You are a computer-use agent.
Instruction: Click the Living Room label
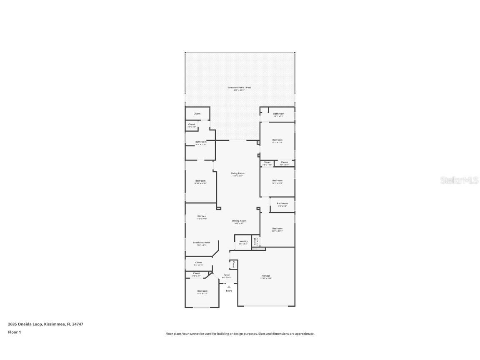(x=238, y=173)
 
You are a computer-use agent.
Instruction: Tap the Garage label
(x=266, y=276)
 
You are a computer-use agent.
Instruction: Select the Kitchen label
(x=202, y=216)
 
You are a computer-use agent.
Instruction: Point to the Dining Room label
(x=239, y=221)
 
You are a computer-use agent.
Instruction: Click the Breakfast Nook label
(x=201, y=242)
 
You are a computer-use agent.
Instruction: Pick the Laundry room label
(x=243, y=241)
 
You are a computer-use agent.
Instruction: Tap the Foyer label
(x=227, y=275)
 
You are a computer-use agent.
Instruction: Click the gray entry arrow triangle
(x=229, y=287)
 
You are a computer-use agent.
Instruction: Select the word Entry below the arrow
(x=229, y=291)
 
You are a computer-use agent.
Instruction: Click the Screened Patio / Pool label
(x=239, y=87)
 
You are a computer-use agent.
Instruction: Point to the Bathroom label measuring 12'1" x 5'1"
(x=278, y=114)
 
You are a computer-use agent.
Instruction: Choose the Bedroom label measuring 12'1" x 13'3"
(x=277, y=140)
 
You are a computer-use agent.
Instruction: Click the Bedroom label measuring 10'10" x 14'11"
(x=200, y=181)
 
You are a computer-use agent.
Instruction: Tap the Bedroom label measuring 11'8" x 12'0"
(x=202, y=291)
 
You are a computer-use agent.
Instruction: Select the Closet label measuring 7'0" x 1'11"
(x=284, y=162)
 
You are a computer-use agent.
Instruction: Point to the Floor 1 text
(x=14, y=332)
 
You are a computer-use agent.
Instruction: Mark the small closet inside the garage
(x=233, y=265)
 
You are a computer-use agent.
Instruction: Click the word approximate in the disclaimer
(x=305, y=334)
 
